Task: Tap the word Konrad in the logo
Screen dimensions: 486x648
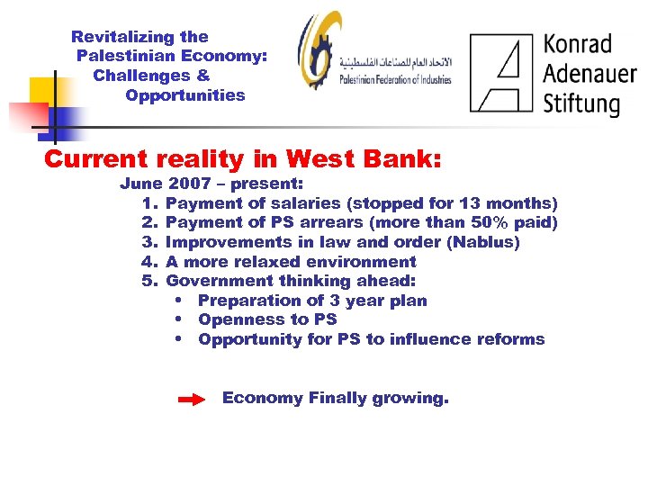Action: [577, 44]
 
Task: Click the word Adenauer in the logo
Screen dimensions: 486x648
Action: [589, 72]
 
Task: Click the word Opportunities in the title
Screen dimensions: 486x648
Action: [185, 95]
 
